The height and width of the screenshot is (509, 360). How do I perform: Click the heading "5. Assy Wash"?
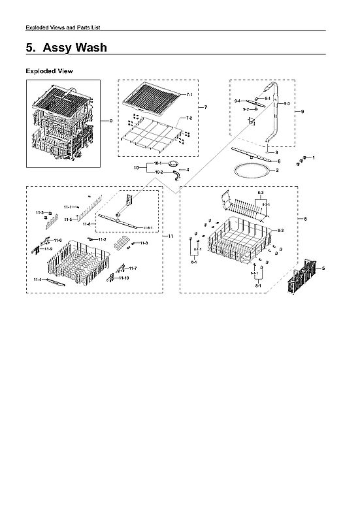click(66, 48)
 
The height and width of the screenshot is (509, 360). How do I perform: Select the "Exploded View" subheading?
click(49, 71)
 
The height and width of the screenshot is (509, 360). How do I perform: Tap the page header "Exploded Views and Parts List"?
click(63, 27)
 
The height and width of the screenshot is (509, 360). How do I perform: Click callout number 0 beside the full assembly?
click(111, 121)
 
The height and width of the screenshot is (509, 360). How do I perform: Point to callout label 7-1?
click(189, 95)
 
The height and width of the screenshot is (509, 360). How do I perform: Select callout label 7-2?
click(189, 118)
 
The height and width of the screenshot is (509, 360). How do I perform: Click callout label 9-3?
click(285, 103)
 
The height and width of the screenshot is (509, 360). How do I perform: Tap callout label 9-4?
click(238, 101)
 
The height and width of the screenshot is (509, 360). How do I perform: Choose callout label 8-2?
click(280, 231)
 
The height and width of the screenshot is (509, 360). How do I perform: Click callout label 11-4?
click(37, 279)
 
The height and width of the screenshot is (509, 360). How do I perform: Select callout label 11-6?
click(57, 240)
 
